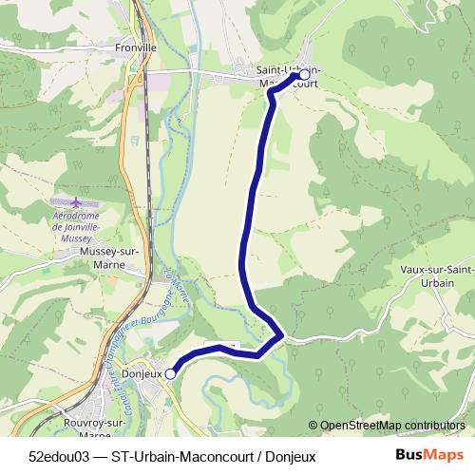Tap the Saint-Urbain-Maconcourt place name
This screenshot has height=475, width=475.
click(x=289, y=76)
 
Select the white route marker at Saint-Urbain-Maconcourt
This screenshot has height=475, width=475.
click(x=304, y=74)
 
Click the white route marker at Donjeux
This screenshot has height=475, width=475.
click(x=171, y=374)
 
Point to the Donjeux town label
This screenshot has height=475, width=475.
click(x=142, y=374)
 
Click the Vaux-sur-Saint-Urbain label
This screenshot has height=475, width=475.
click(x=438, y=276)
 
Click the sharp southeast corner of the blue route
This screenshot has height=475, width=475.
click(x=281, y=334)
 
